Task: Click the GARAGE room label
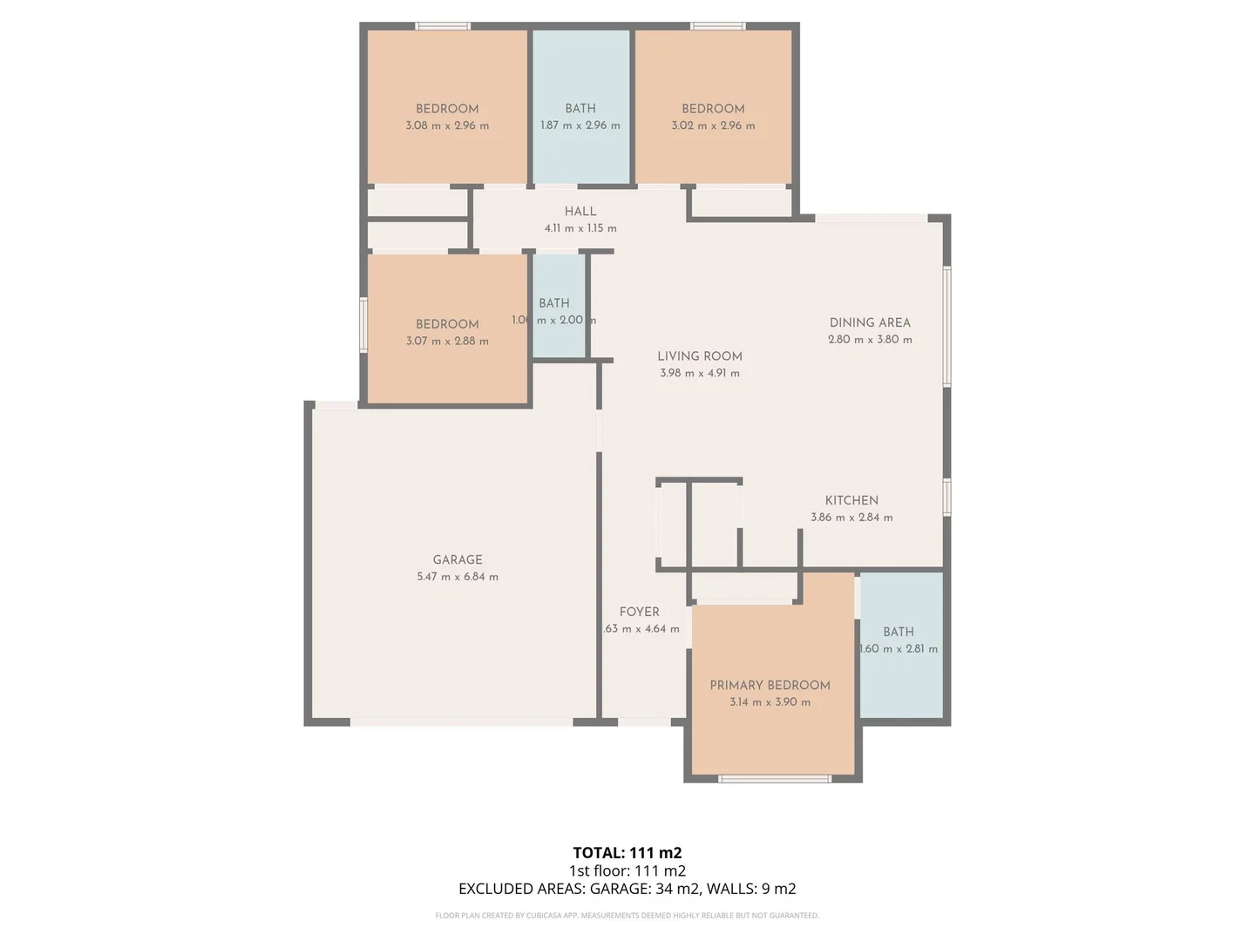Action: [457, 559]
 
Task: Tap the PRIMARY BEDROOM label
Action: [770, 685]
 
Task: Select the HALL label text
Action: [580, 211]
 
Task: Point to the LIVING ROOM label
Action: [699, 355]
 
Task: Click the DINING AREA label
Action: [869, 322]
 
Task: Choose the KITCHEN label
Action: [851, 500]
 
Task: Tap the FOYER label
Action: [639, 612]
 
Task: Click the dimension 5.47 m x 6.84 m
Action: [457, 577]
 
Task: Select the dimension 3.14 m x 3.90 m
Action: [770, 702]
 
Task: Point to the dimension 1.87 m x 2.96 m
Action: [580, 125]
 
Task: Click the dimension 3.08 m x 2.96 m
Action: [446, 125]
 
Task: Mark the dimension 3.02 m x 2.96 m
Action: [712, 125]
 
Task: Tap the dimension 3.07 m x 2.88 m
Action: [446, 341]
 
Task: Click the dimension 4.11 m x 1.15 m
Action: [580, 228]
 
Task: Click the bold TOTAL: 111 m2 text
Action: [627, 853]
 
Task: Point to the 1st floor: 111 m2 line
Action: [627, 870]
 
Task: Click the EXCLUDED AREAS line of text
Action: [627, 889]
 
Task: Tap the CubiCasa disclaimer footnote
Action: [627, 916]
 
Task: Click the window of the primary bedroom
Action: [775, 778]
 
